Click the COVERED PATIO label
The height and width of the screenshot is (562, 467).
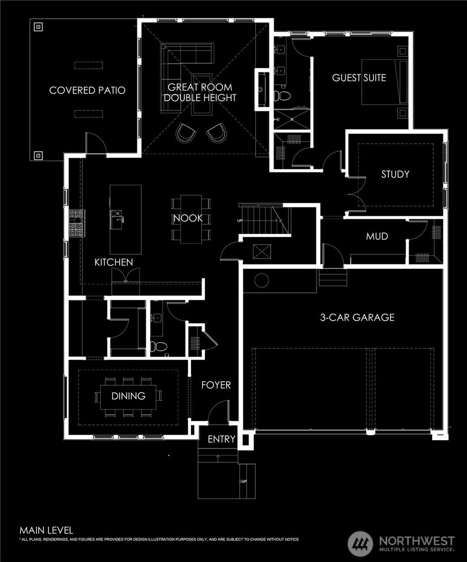pyautogui.click(x=87, y=90)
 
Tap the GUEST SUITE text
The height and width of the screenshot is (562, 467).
pyautogui.click(x=359, y=78)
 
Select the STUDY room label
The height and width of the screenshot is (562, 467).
pyautogui.click(x=395, y=174)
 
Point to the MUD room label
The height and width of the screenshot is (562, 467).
pyautogui.click(x=377, y=236)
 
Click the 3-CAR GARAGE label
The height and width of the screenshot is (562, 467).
pyautogui.click(x=357, y=317)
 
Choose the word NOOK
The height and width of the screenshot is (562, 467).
pyautogui.click(x=188, y=218)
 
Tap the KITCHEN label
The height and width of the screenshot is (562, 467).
pyautogui.click(x=114, y=262)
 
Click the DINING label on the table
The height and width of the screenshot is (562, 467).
pyautogui.click(x=129, y=396)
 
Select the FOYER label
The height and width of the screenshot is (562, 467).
pyautogui.click(x=216, y=385)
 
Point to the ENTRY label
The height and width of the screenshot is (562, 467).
pyautogui.click(x=222, y=439)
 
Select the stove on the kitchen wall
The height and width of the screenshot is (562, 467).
pyautogui.click(x=77, y=223)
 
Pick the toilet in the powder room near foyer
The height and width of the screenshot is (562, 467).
pyautogui.click(x=158, y=346)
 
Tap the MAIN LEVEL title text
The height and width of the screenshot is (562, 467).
pyautogui.click(x=46, y=530)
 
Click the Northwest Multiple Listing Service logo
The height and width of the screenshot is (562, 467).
pyautogui.click(x=401, y=543)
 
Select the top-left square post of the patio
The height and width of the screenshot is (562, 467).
pyautogui.click(x=38, y=27)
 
